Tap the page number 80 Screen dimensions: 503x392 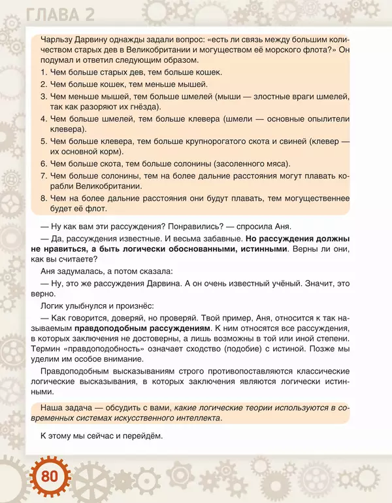pos(50,476)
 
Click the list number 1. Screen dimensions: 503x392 pos(42,72)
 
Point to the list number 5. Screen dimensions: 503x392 pos(42,141)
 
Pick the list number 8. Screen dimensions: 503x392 pos(42,198)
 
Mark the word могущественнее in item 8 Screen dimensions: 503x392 pos(313,198)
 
